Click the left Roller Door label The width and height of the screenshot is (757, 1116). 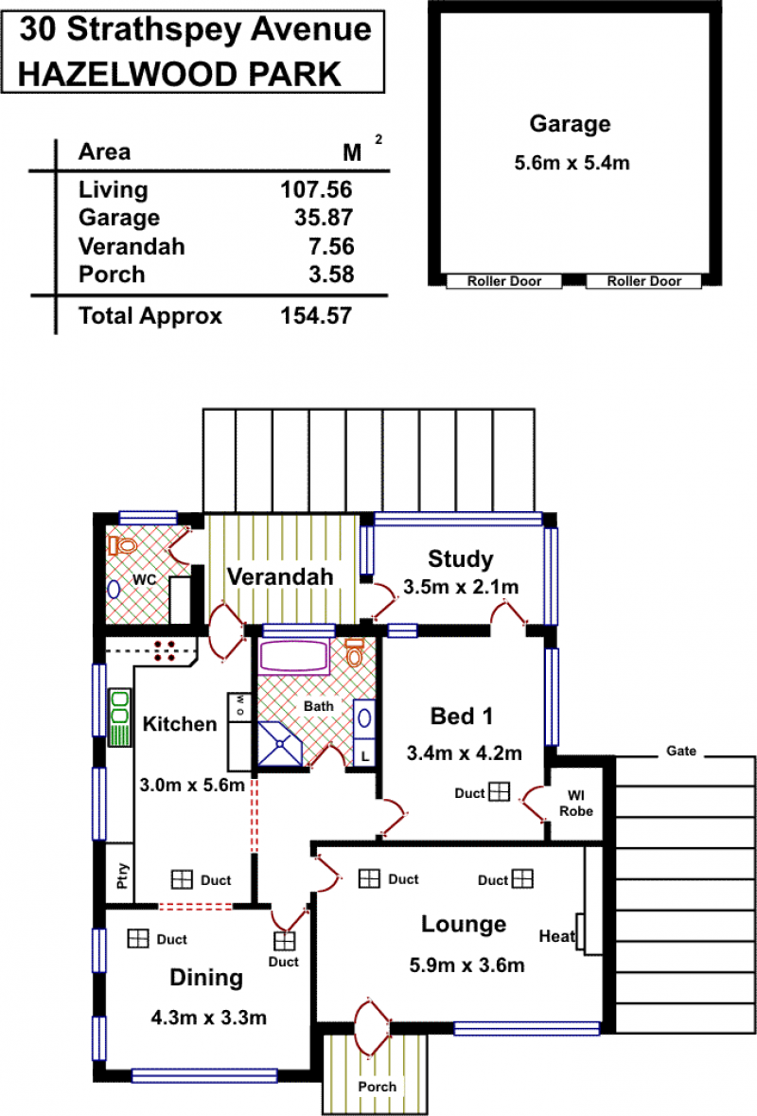click(x=503, y=281)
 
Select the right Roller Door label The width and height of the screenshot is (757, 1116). click(x=643, y=281)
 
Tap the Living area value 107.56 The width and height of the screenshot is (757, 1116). click(x=316, y=189)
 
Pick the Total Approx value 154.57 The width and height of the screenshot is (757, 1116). click(x=316, y=315)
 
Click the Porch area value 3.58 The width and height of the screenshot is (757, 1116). click(x=331, y=274)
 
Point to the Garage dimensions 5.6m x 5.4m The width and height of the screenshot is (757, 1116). click(x=572, y=163)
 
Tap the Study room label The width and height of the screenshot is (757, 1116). click(x=460, y=559)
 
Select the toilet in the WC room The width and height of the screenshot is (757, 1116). click(x=123, y=546)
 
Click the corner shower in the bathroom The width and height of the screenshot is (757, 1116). click(x=279, y=744)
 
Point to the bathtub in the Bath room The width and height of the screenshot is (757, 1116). click(x=294, y=657)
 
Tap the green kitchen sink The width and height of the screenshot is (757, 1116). click(x=119, y=717)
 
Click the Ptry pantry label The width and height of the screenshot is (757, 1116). click(x=122, y=876)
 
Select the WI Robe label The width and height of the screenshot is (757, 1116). click(x=575, y=804)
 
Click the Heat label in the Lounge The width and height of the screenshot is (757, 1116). click(x=557, y=936)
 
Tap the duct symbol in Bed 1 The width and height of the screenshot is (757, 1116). click(x=500, y=791)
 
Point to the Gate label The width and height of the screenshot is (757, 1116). click(x=681, y=751)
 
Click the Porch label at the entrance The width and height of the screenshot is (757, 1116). click(x=377, y=1087)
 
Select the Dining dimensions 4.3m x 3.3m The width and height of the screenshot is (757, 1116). click(x=208, y=1018)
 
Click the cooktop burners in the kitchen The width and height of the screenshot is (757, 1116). click(x=165, y=650)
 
